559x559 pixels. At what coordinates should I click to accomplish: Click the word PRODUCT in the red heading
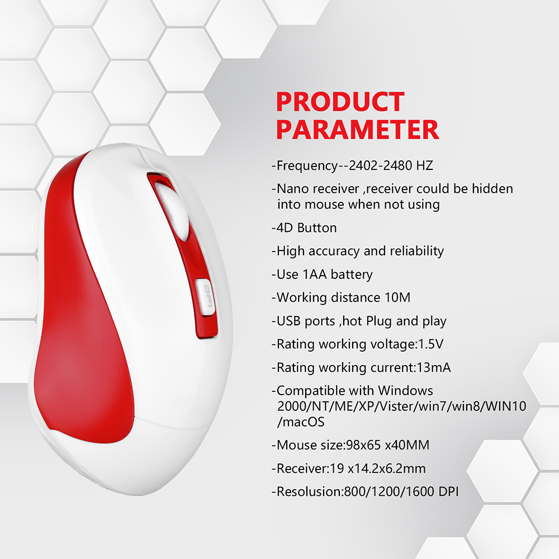(340, 102)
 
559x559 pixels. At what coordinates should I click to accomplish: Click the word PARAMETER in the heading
(358, 130)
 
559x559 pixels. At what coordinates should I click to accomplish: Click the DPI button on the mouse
(205, 297)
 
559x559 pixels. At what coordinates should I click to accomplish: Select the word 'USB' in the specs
(288, 321)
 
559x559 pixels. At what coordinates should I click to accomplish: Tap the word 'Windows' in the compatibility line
(405, 391)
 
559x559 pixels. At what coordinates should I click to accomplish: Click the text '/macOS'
(301, 422)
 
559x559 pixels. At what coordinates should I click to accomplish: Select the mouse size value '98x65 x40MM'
(388, 446)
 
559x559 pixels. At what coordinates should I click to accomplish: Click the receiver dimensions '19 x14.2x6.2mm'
(378, 468)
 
